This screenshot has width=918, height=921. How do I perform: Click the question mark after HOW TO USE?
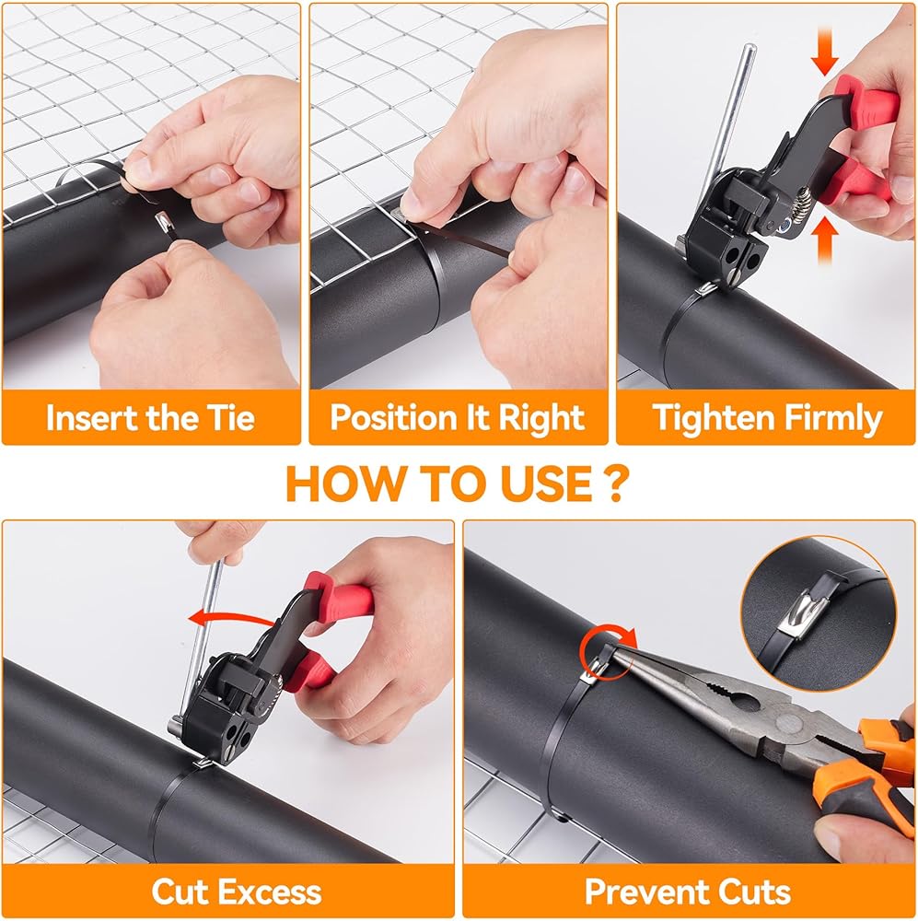click(615, 484)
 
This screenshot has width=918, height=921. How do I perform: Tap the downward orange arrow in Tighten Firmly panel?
click(824, 51)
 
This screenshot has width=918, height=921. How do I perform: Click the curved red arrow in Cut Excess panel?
click(232, 617)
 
